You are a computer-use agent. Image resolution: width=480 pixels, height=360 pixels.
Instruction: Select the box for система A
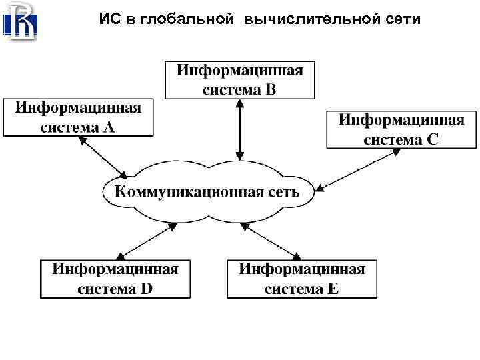[78, 117]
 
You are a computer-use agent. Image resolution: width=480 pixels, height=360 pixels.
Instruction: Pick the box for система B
[239, 80]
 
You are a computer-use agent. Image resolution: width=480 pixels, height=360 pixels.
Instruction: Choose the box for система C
[401, 129]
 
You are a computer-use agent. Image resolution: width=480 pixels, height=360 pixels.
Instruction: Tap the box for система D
[115, 279]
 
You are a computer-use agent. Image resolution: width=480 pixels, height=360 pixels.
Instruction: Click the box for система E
[301, 279]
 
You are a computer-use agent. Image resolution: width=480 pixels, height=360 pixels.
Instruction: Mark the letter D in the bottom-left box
[146, 289]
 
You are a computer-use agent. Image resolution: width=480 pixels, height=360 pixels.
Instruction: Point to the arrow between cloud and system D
[145, 241]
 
